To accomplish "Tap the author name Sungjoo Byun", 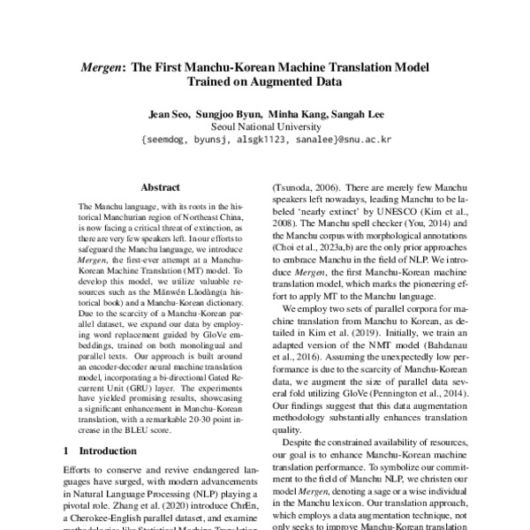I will tap(232, 114).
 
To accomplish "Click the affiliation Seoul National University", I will tap(265, 126).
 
